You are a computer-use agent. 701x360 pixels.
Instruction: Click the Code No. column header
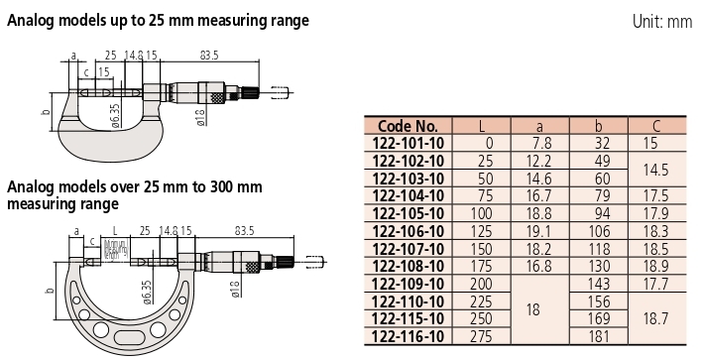pos(409,127)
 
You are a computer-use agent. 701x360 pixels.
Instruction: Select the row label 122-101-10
pos(409,142)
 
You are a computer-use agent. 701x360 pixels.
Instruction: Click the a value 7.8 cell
pos(542,142)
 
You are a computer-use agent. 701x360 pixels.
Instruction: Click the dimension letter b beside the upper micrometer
pos(46,113)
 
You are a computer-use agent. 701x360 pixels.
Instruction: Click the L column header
pos(482,127)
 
